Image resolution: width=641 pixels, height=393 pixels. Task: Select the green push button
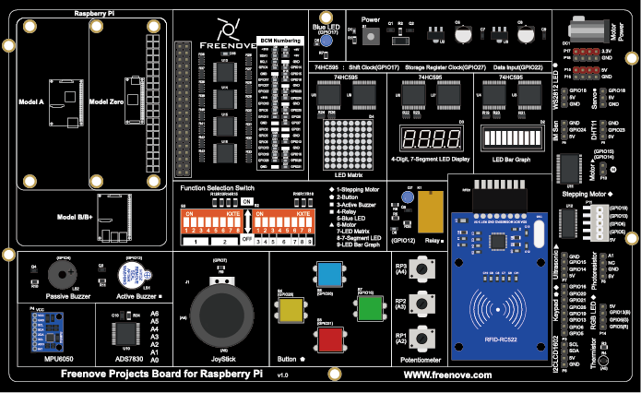[369, 307]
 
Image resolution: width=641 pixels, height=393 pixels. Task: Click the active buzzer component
[134, 275]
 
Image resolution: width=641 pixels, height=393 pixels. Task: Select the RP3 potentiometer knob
[423, 268]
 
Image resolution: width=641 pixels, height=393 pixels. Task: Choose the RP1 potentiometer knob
[423, 337]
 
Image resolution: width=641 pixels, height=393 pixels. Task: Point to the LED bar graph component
[510, 139]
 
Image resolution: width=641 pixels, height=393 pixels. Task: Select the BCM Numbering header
[279, 42]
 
